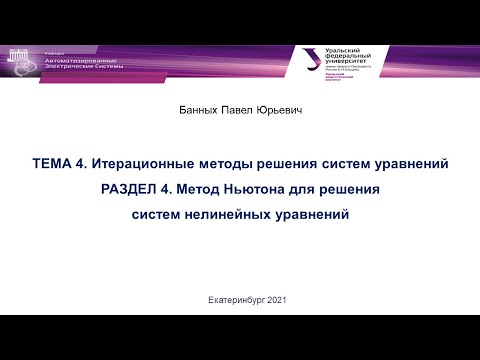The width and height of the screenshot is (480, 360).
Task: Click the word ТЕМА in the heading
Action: (x=53, y=163)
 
